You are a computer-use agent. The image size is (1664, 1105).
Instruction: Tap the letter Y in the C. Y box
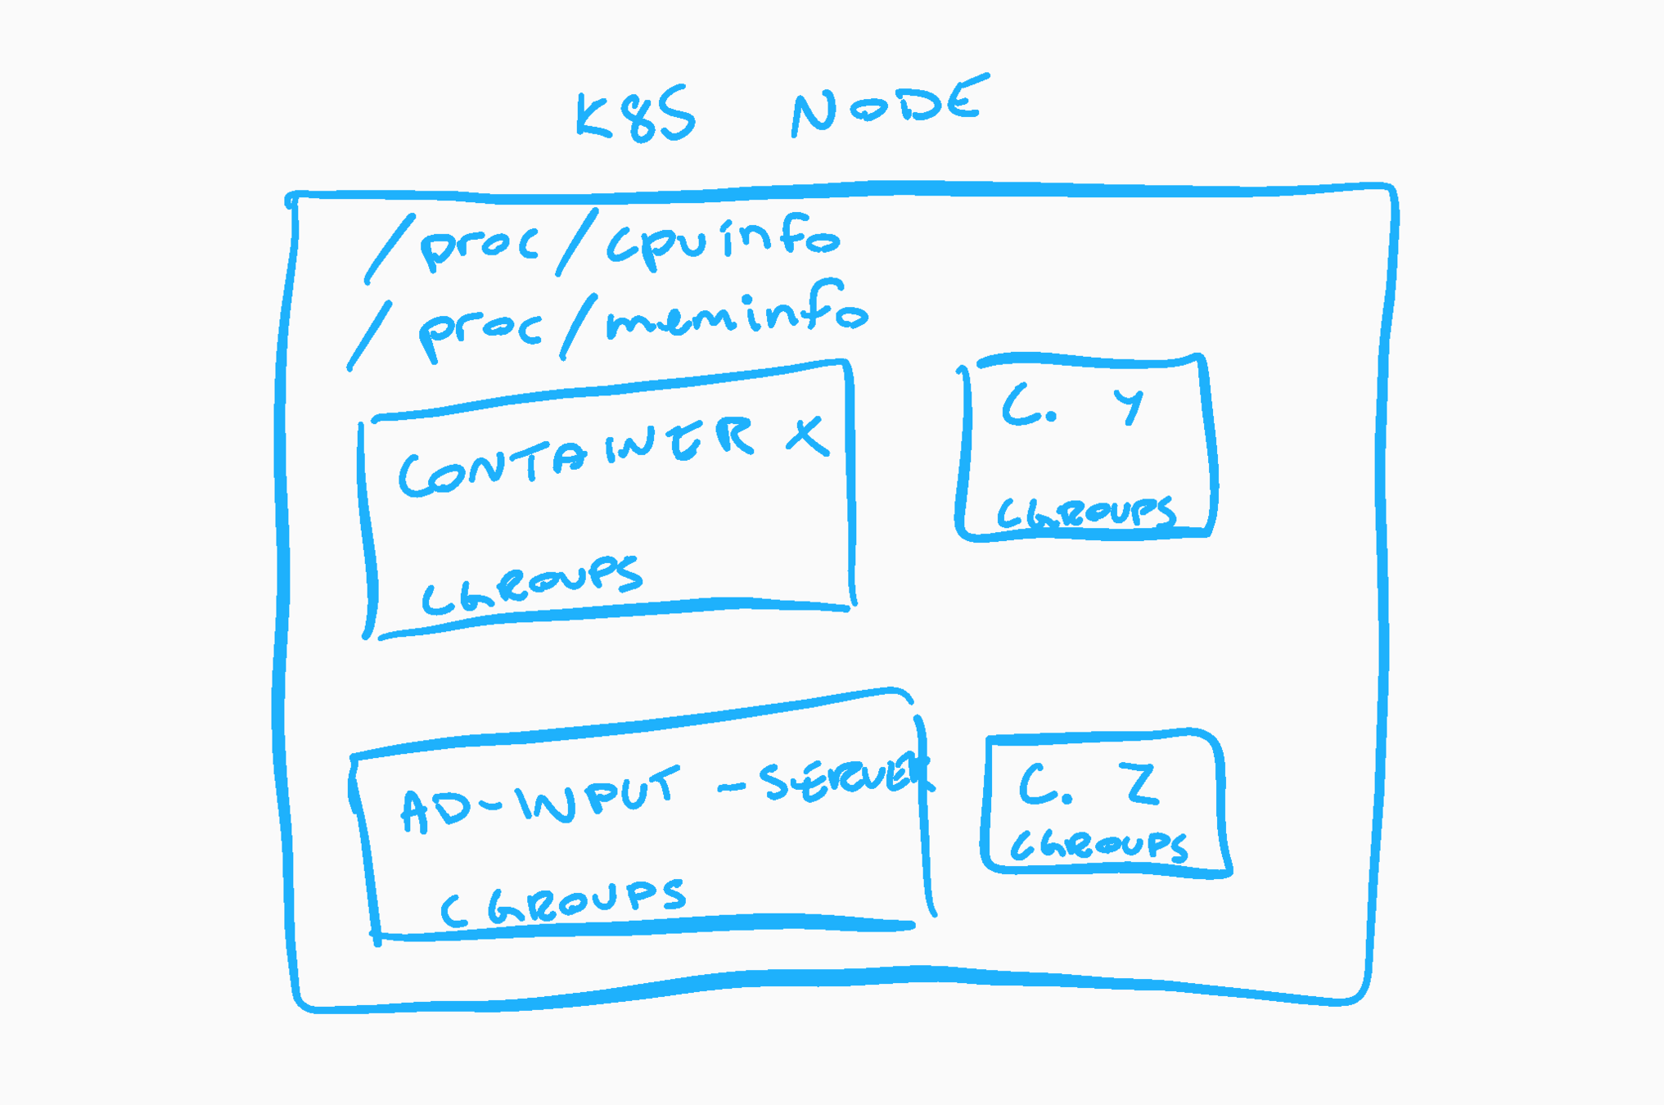(x=1129, y=405)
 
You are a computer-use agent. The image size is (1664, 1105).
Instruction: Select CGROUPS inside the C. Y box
(x=1087, y=513)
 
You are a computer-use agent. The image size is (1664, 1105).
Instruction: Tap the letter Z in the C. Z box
(x=1142, y=783)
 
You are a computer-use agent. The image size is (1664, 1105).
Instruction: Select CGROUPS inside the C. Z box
(x=1099, y=846)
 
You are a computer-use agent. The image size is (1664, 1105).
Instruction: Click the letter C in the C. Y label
(x=1022, y=407)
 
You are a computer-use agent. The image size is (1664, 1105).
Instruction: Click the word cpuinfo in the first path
(x=723, y=240)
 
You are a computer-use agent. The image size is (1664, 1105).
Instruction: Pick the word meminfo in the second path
(x=737, y=315)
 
